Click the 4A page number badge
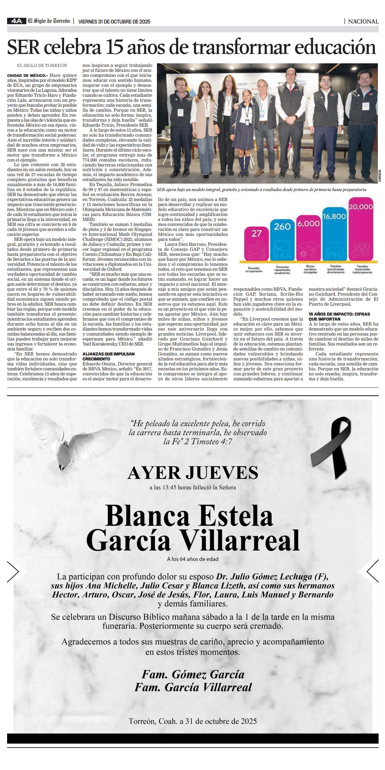16,21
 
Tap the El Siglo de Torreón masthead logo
49,21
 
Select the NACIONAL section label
363,21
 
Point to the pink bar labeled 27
257,243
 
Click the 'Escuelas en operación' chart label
254,270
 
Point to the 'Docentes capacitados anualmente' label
283,270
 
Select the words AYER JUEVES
193,473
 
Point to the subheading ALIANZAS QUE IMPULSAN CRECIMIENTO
108,356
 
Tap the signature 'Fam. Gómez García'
193,674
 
